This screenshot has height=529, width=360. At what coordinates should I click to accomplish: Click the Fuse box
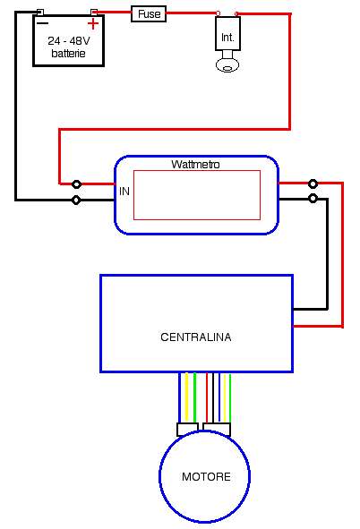[x=149, y=14]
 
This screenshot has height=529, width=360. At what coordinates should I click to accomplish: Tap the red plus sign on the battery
[x=93, y=24]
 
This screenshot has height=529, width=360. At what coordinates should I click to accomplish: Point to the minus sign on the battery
[x=42, y=23]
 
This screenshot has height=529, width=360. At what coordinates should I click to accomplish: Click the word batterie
[x=68, y=54]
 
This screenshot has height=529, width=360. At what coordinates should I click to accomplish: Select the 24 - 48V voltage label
[x=69, y=41]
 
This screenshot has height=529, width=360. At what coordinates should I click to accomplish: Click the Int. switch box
[x=227, y=33]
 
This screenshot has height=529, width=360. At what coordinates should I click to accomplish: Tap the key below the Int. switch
[x=227, y=62]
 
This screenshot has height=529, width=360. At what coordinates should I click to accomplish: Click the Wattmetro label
[x=195, y=165]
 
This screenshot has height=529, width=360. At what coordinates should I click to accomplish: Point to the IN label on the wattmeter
[x=124, y=192]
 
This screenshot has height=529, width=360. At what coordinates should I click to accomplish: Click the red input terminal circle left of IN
[x=77, y=184]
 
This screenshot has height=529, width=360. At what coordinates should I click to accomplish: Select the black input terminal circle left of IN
[x=77, y=201]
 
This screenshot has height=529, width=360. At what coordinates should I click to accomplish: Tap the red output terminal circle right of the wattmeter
[x=313, y=183]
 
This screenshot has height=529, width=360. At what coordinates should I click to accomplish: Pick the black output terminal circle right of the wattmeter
[x=313, y=199]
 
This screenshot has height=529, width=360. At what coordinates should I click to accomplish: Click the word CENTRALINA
[x=196, y=337]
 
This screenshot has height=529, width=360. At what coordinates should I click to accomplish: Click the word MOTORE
[x=206, y=477]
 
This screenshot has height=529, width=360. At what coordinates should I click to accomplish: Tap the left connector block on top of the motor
[x=187, y=429]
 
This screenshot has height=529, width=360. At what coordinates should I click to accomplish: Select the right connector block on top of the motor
[x=217, y=429]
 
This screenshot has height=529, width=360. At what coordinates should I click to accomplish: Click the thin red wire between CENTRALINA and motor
[x=207, y=397]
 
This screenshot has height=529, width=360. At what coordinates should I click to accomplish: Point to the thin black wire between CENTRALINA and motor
[x=213, y=397]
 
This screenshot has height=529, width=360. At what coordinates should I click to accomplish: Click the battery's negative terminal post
[x=39, y=13]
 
